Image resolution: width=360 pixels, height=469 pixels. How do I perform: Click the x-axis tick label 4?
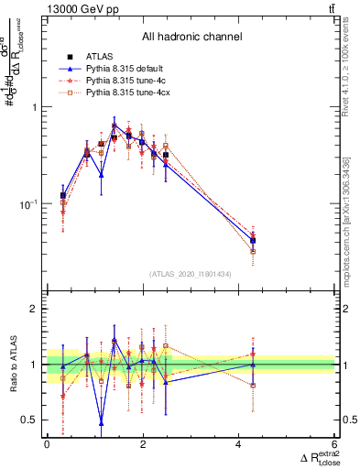[x=239, y=444]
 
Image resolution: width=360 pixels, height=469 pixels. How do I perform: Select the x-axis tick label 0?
[x=47, y=444]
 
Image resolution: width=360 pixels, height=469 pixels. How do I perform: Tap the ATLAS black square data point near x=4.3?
[x=253, y=241]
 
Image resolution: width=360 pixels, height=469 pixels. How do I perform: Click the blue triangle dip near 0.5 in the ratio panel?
[x=101, y=421]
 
